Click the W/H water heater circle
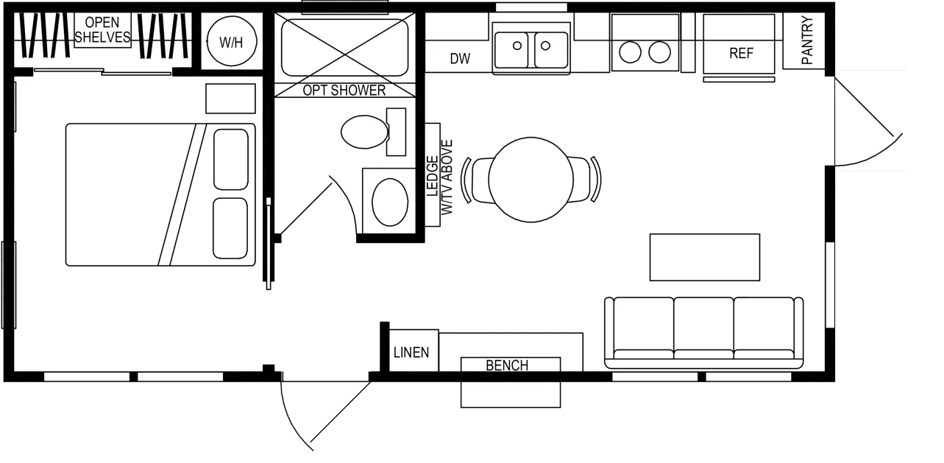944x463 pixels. (x=231, y=42)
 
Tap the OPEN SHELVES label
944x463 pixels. (x=102, y=30)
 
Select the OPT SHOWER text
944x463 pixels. (x=344, y=91)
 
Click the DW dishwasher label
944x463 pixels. (x=460, y=59)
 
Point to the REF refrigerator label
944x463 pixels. (x=740, y=54)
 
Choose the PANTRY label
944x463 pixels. (x=807, y=41)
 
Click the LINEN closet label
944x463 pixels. (x=411, y=353)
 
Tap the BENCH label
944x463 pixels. (x=507, y=365)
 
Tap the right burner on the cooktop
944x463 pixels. (x=660, y=52)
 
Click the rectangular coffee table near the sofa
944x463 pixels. (x=704, y=257)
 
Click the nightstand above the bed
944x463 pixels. (x=230, y=99)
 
